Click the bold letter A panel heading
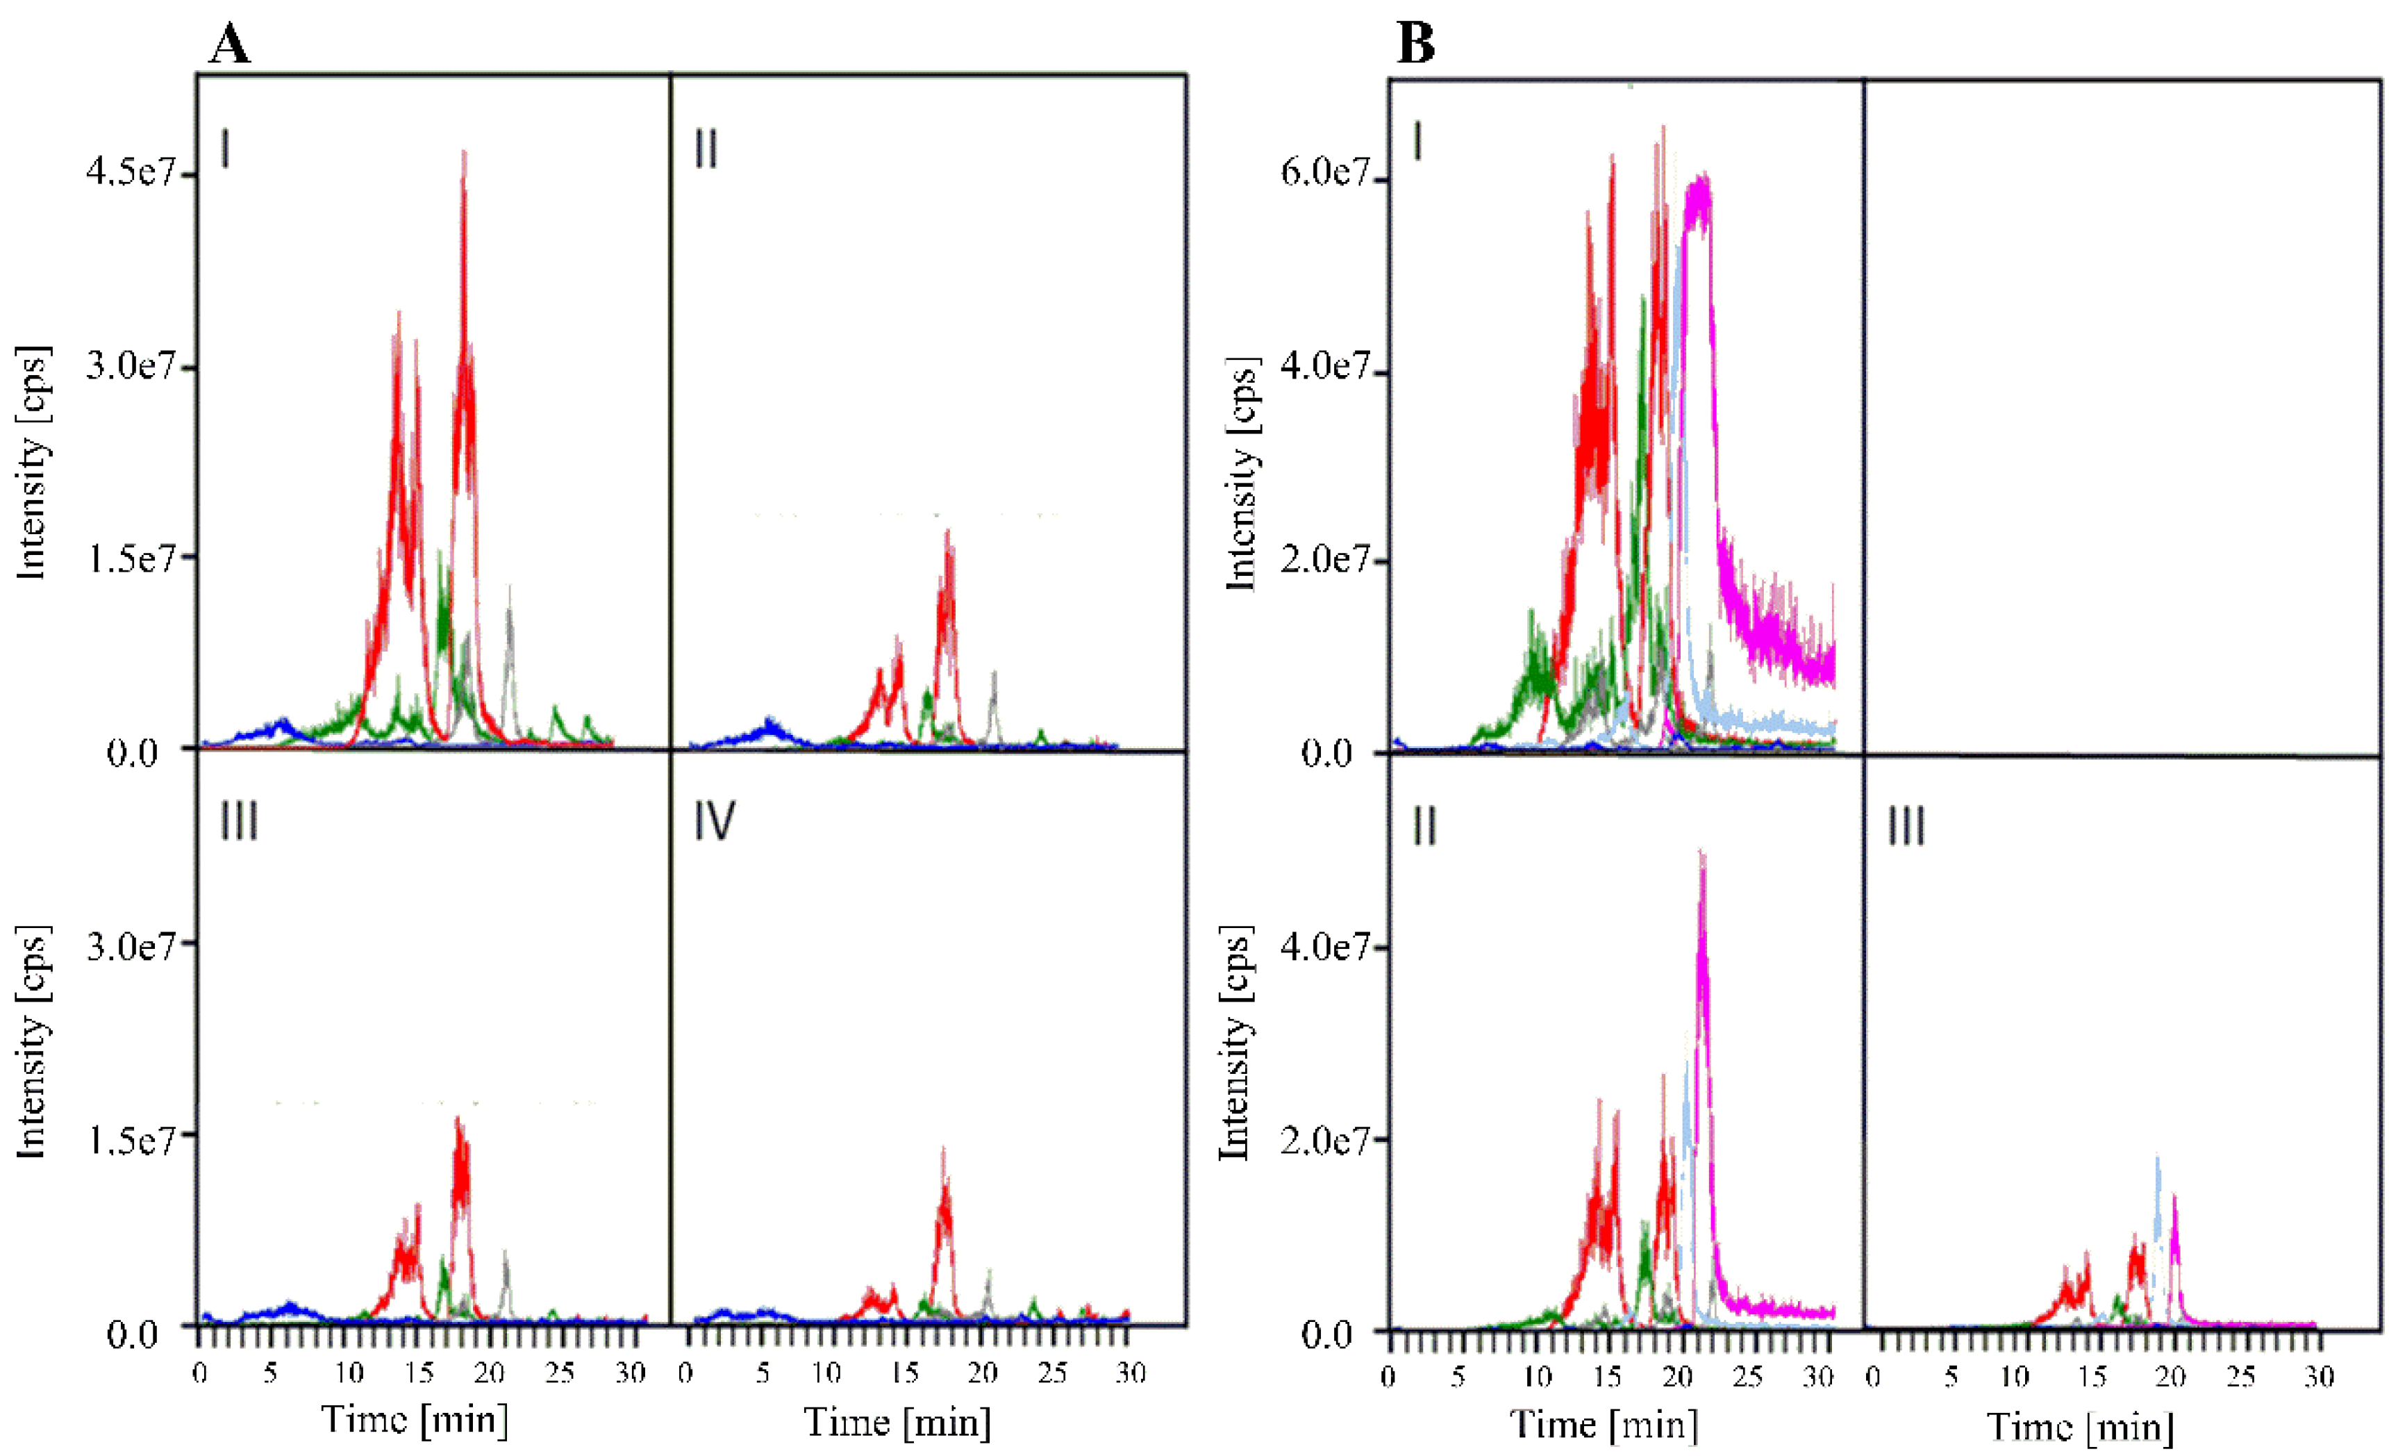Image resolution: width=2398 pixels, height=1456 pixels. tap(230, 44)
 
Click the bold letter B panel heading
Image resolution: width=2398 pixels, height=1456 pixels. tap(1415, 44)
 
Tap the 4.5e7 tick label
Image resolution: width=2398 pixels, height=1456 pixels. tap(131, 172)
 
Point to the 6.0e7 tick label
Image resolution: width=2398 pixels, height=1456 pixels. tap(1324, 172)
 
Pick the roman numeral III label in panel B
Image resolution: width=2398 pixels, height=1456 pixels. tap(1906, 827)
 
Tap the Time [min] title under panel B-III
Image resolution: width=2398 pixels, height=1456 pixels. tap(2080, 1427)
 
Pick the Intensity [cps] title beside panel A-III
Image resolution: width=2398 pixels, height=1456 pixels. tap(32, 1041)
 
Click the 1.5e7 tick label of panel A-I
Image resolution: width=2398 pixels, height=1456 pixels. tap(131, 559)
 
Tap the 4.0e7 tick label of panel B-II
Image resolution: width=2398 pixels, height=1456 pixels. tap(1324, 946)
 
